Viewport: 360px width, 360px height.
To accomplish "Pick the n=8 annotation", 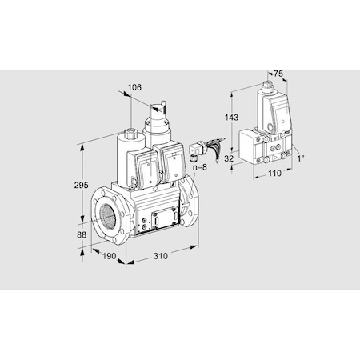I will pos(201,168).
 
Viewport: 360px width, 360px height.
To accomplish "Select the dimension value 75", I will pos(278,74).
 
